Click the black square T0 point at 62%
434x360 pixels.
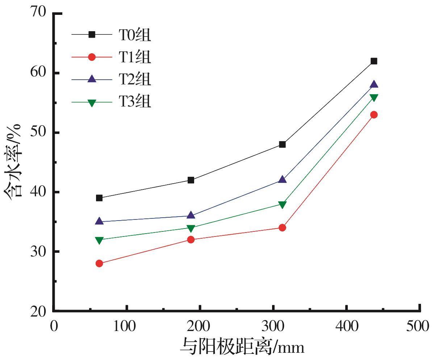point(374,61)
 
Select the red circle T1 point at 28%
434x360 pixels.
point(99,263)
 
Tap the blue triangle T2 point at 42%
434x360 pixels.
point(282,180)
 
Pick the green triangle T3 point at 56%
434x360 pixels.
point(374,97)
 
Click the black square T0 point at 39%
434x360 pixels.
point(99,198)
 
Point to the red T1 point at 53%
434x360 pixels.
point(374,115)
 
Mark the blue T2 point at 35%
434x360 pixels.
point(99,221)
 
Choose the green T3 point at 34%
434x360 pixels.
point(191,228)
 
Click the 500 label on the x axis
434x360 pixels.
point(419,326)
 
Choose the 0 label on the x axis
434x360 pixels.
point(54,326)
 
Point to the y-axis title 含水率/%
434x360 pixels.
point(14,161)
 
